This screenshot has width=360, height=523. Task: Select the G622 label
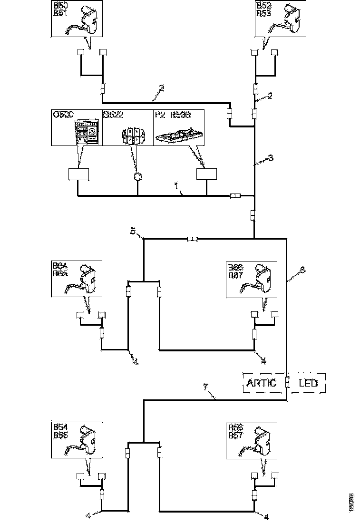pyautogui.click(x=112, y=115)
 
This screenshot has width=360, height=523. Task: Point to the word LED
pyautogui.click(x=308, y=383)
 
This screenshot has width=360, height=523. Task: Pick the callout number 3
pyautogui.click(x=271, y=158)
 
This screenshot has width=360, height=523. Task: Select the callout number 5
pyautogui.click(x=134, y=232)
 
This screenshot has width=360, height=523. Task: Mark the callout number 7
pyautogui.click(x=205, y=388)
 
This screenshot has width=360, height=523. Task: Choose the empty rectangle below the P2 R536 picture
pyautogui.click(x=206, y=174)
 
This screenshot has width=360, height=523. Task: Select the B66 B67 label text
pyautogui.click(x=236, y=270)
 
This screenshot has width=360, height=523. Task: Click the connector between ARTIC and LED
pyautogui.click(x=287, y=382)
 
